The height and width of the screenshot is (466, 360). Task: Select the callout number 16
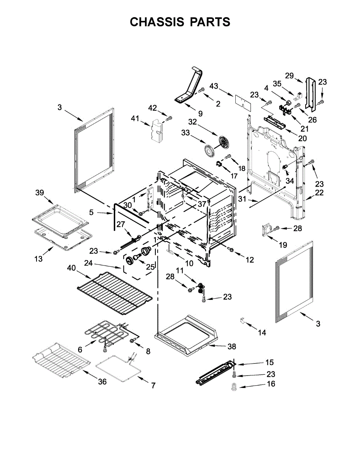(271, 384)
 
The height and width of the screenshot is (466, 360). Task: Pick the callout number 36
(102, 382)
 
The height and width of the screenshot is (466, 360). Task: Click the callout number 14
(262, 332)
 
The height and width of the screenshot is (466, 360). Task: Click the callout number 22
(319, 193)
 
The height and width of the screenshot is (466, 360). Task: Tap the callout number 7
(153, 386)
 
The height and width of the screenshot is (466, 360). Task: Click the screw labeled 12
(231, 249)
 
